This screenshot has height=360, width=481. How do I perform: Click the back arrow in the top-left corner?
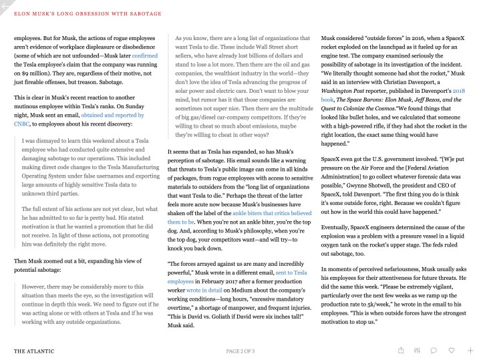pos(5,6)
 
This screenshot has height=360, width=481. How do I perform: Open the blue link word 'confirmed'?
pos(144,57)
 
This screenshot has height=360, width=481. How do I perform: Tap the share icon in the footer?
pos(400,350)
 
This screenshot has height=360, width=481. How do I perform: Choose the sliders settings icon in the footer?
pos(418,350)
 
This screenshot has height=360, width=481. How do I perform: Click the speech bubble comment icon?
pos(435,350)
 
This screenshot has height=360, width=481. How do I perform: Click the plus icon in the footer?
pos(470,350)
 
